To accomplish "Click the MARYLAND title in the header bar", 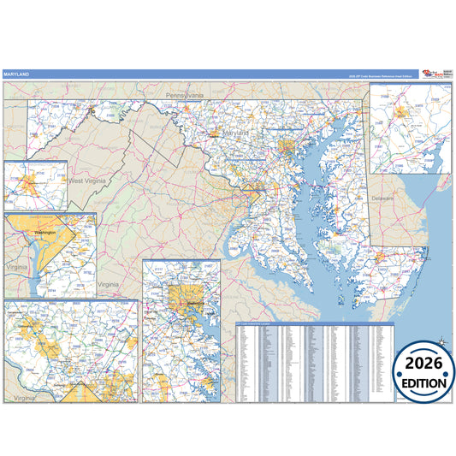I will (16, 74).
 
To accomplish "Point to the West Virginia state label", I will (87, 181).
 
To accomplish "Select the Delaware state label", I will (382, 198).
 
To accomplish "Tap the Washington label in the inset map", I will (44, 232).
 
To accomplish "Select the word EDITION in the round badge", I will (423, 383).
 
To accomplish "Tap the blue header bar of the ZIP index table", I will (314, 326).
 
